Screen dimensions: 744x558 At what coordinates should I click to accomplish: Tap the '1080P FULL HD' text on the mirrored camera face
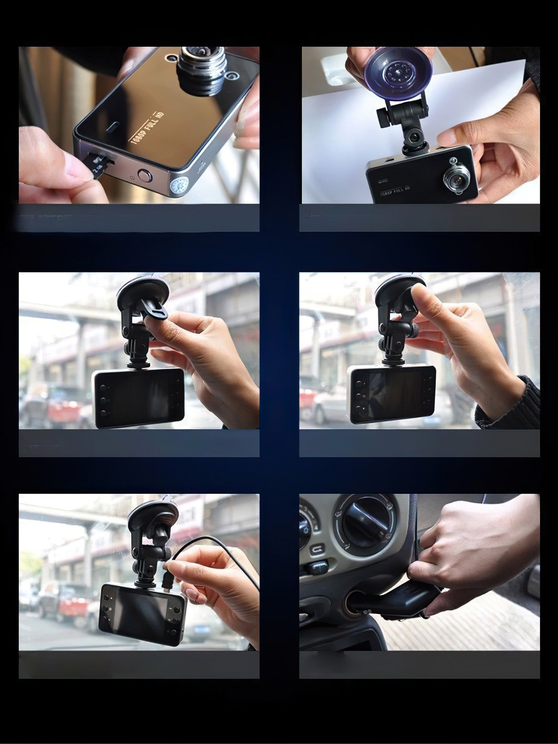pos(147,128)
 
